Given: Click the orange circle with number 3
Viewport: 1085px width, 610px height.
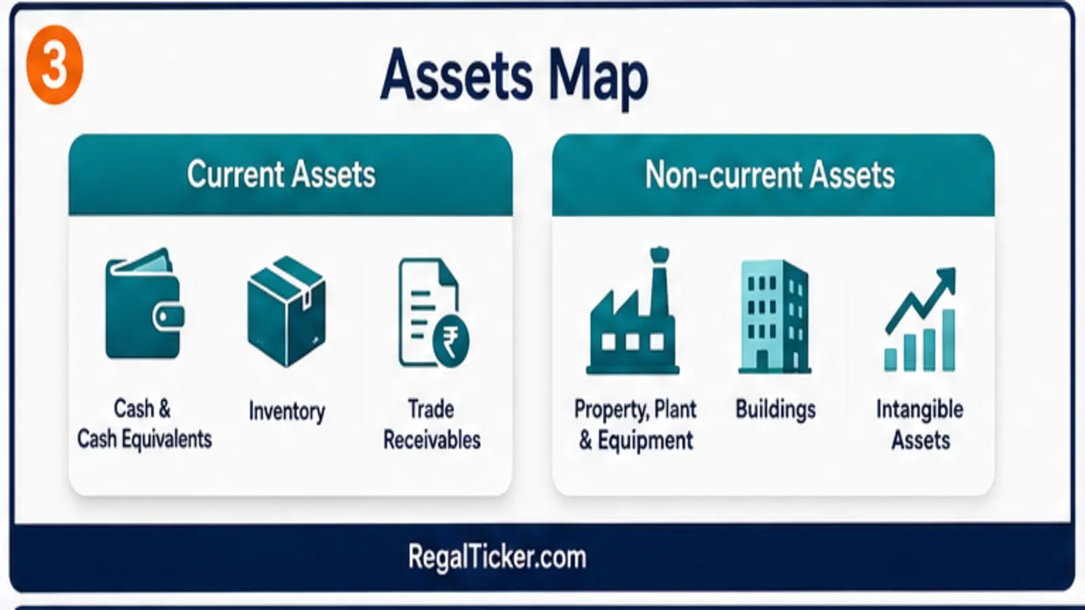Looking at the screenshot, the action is coord(55,65).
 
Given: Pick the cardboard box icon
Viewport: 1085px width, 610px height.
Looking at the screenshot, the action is coord(287,311).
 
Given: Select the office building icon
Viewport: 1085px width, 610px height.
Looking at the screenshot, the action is coord(774,317).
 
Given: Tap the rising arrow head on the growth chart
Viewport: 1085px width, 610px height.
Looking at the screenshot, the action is coord(945,279).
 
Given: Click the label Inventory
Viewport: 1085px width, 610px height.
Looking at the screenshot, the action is coord(287,411).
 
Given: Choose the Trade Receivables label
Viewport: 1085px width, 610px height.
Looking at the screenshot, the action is coord(431,424).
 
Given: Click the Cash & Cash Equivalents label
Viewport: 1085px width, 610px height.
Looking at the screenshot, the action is coord(144,424).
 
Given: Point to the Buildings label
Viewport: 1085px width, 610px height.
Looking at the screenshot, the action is coord(776,409).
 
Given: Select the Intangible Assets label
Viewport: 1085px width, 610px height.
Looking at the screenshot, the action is coord(920,424).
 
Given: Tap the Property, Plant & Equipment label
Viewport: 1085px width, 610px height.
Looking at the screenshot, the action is coord(635,425).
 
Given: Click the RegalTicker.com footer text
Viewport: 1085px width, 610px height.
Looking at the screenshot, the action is coord(497,557).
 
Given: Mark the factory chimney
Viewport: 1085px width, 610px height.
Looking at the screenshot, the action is coord(659,281).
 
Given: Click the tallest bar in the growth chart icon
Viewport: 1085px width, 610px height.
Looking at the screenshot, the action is coord(949,340).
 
